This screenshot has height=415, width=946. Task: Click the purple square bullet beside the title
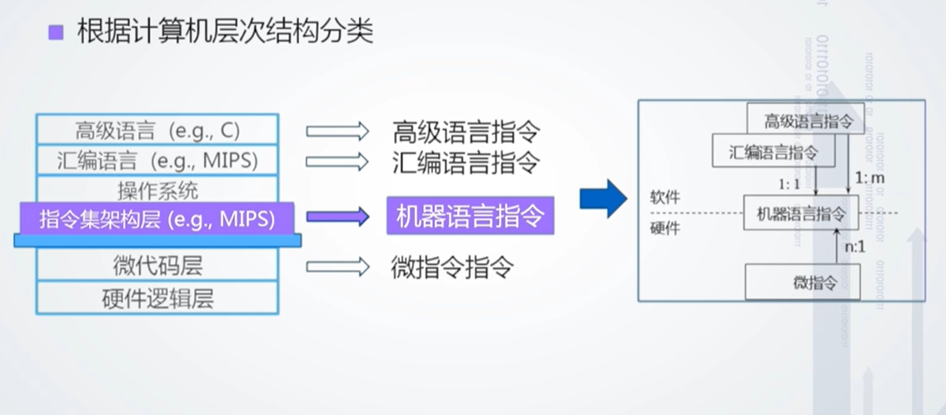56,32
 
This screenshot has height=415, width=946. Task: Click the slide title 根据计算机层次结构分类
224,32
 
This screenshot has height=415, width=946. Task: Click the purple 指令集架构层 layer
157,218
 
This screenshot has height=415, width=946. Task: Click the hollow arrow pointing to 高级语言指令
336,131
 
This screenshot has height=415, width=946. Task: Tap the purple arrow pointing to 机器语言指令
336,217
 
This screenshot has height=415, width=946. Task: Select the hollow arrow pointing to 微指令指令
336,267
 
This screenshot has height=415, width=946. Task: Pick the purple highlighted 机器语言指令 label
470,217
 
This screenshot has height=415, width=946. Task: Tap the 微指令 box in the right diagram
801,282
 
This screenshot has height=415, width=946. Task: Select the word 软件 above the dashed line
665,197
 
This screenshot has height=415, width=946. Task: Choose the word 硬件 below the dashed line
665,227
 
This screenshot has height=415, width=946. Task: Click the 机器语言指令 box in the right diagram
800,212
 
